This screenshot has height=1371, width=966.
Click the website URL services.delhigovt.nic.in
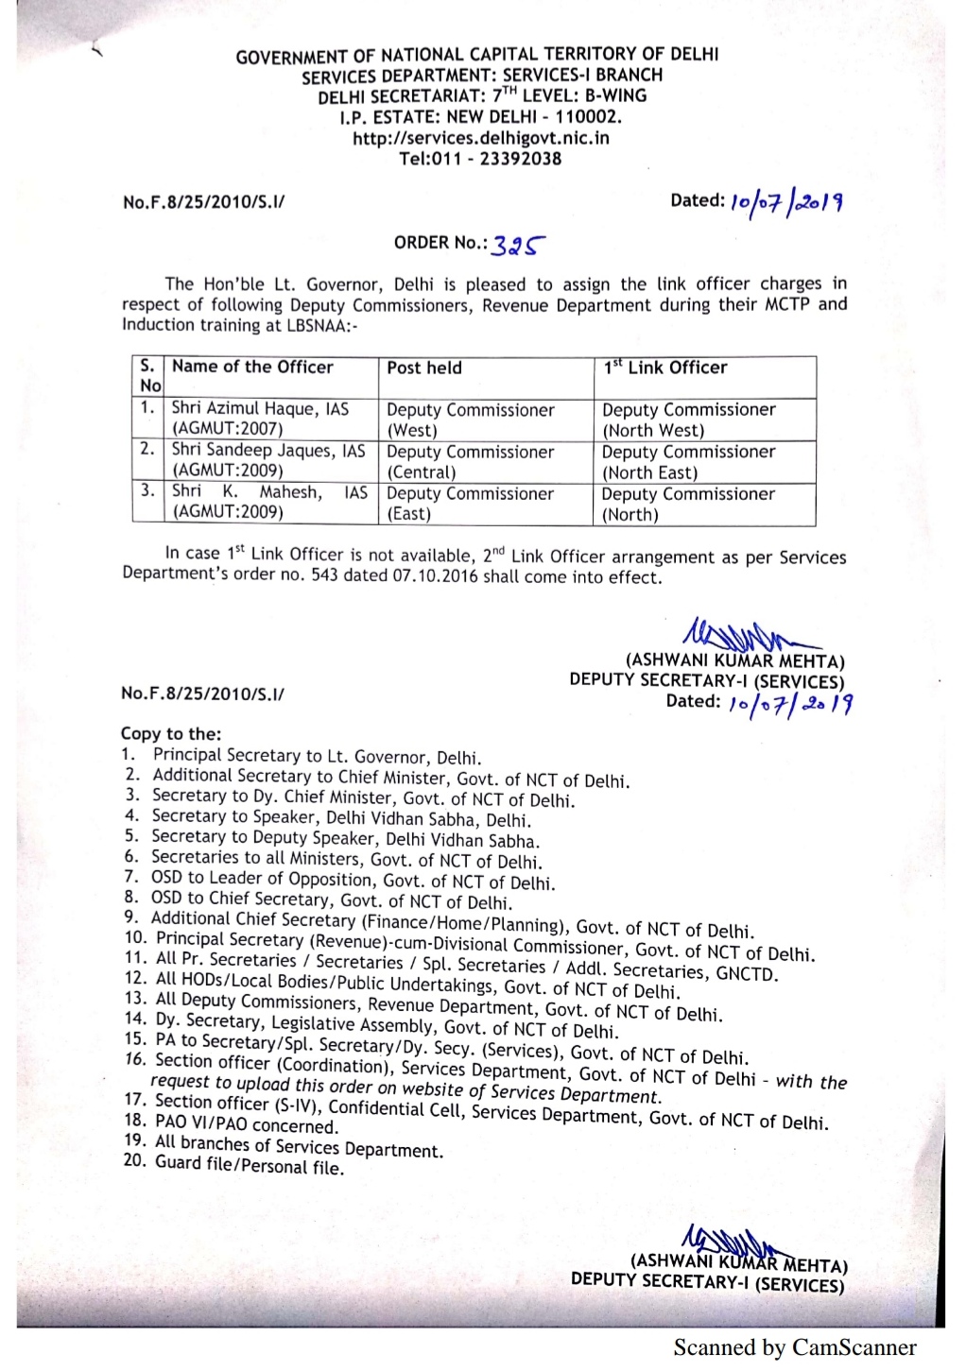tap(480, 138)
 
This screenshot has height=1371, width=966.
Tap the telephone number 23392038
tap(520, 159)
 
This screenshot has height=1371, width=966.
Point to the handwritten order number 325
tap(518, 246)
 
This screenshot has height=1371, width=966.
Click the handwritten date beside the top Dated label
tap(786, 201)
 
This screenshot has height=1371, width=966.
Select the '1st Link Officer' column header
tap(665, 368)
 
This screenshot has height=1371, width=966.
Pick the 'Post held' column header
tap(424, 368)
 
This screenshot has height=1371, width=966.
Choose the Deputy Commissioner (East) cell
tap(470, 504)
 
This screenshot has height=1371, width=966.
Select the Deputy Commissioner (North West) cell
tap(688, 420)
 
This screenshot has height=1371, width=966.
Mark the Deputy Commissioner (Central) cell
tap(470, 462)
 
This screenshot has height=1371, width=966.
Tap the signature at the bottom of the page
tap(728, 1242)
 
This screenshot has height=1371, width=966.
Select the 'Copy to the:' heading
tap(171, 734)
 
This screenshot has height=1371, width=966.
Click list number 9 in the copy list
tap(130, 917)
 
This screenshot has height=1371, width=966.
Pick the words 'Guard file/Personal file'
tap(250, 1164)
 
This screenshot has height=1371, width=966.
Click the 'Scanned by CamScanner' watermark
tap(794, 1347)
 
